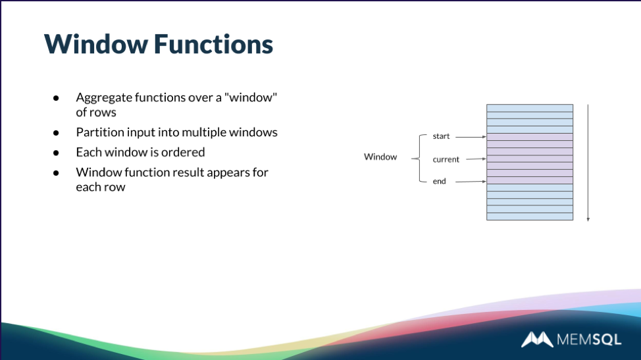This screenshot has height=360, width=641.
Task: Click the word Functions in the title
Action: pyautogui.click(x=213, y=44)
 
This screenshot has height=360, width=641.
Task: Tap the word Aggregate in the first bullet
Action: pyautogui.click(x=101, y=97)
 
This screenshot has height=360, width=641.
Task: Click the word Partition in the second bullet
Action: pyautogui.click(x=97, y=132)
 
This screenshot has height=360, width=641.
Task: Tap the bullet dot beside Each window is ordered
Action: pyautogui.click(x=57, y=153)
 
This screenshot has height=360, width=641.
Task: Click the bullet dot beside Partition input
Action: pyautogui.click(x=57, y=132)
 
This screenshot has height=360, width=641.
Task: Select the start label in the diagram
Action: pyautogui.click(x=441, y=136)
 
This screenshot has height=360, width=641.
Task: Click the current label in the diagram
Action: pyautogui.click(x=446, y=159)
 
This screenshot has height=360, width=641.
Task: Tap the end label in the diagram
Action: pyautogui.click(x=439, y=181)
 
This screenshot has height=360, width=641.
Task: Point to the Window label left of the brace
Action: pyautogui.click(x=380, y=157)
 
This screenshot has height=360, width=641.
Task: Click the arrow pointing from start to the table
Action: pyautogui.click(x=470, y=137)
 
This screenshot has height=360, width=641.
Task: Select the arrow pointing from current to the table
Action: pyautogui.click(x=475, y=159)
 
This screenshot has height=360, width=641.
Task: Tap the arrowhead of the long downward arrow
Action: pyautogui.click(x=588, y=219)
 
